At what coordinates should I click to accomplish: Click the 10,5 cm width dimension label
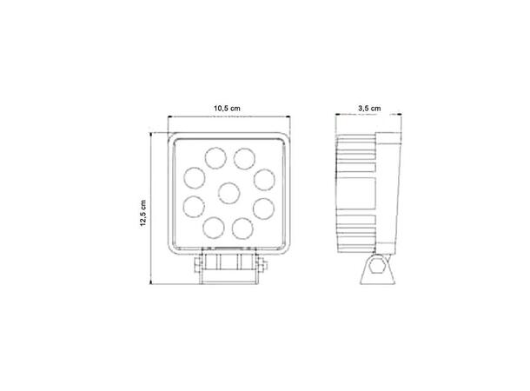point(227,108)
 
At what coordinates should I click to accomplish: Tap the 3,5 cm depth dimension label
point(368,108)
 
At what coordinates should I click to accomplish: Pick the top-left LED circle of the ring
point(213,157)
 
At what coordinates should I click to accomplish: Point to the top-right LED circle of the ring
point(244,157)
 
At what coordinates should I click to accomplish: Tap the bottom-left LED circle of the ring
point(213,228)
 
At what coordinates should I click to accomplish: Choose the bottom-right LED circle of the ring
point(244,228)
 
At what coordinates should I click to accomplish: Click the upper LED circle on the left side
point(194,177)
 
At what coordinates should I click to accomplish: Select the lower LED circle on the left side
point(194,208)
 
